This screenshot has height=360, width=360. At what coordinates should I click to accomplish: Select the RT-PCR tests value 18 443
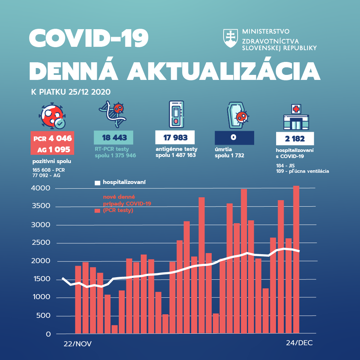(113, 138)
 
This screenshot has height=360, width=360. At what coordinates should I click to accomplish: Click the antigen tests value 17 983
(175, 138)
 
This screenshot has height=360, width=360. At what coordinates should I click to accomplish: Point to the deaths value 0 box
(234, 138)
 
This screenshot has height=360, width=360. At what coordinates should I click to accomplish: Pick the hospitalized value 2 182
(295, 139)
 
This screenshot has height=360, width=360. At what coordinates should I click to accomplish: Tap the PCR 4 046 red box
(53, 139)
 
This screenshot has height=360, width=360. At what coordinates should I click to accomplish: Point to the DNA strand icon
(113, 114)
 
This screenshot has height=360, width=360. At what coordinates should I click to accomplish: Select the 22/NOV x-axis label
(77, 344)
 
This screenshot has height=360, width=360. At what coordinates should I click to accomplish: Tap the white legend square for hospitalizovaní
(97, 183)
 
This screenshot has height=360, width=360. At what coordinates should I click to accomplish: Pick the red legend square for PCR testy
(97, 211)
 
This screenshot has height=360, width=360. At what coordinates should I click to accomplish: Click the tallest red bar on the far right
(296, 259)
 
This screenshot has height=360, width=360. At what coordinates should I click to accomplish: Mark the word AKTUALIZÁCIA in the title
(224, 71)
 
